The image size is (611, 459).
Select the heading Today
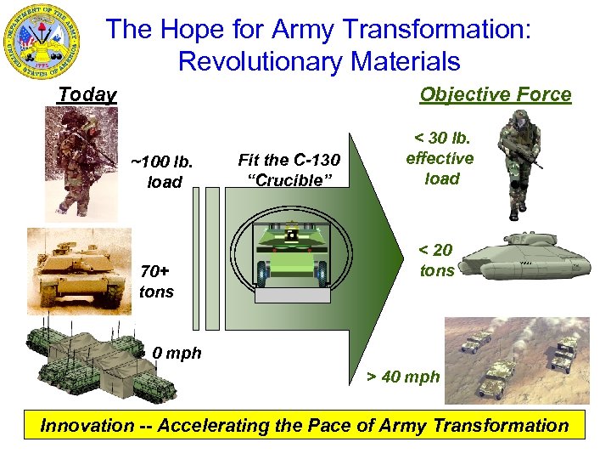[87, 94]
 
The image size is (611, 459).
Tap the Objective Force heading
[495, 94]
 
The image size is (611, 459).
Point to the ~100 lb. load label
[162, 171]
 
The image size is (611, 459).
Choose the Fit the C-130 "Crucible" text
[289, 170]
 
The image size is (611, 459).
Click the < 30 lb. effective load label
[440, 159]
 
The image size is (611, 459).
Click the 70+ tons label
[155, 281]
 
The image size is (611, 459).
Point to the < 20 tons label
[436, 260]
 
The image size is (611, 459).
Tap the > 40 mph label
[403, 377]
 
